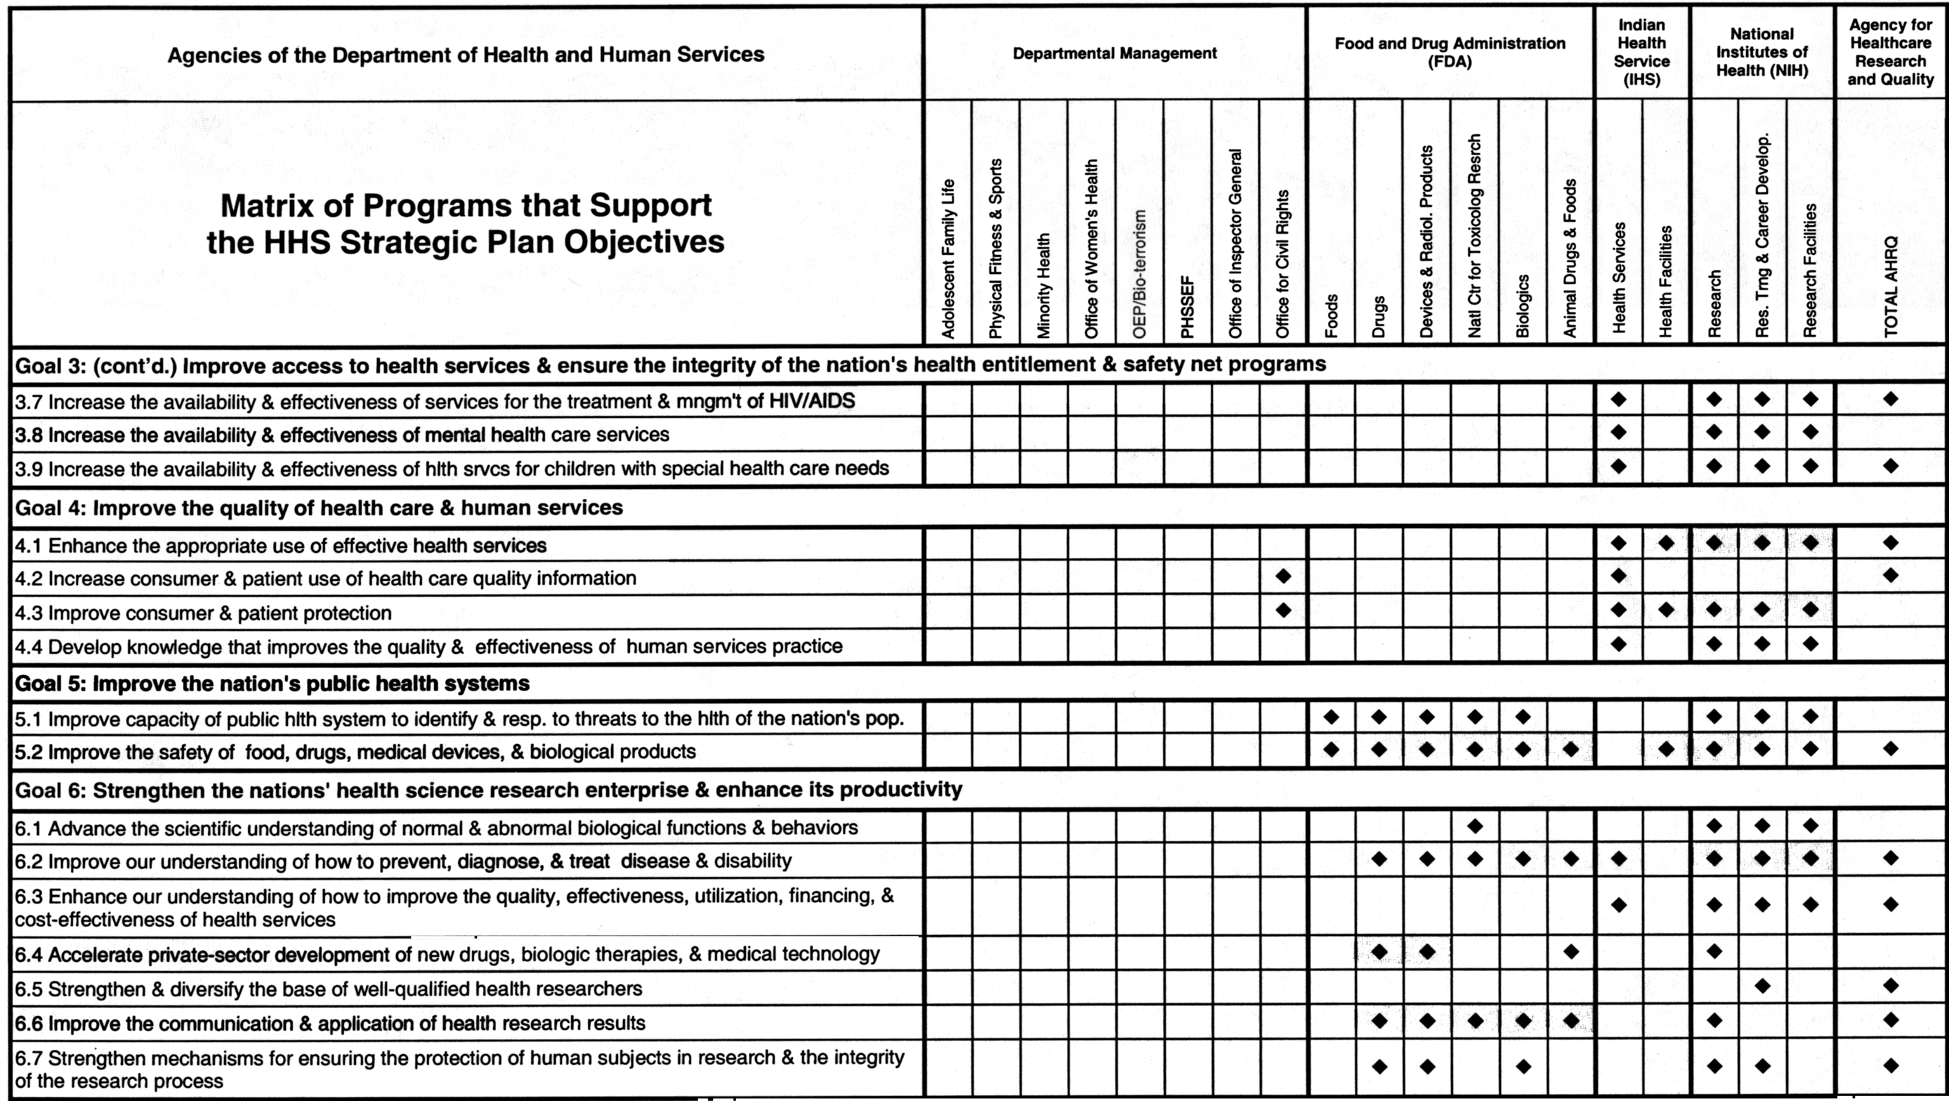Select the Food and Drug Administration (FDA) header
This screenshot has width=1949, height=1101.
(x=1450, y=52)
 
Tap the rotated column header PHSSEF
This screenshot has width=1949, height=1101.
(x=1188, y=306)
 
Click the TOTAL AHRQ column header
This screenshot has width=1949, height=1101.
(x=1891, y=286)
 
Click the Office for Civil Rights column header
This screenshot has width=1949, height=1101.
(x=1282, y=263)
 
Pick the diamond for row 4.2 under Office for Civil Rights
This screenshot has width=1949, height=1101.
(x=1283, y=577)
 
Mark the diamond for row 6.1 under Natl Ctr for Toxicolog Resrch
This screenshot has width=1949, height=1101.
(x=1474, y=826)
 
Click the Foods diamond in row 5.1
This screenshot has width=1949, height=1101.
(x=1331, y=716)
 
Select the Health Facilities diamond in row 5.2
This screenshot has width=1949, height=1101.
(x=1666, y=750)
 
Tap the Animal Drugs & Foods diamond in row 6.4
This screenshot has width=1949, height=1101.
(x=1571, y=951)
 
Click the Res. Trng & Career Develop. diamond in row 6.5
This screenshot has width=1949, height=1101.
(x=1762, y=986)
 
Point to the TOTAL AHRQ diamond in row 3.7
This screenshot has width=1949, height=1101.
(x=1891, y=398)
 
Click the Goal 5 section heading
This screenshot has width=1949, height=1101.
(x=272, y=684)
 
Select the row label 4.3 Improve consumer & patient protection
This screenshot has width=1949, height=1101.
(x=204, y=613)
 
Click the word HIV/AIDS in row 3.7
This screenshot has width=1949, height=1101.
(x=812, y=401)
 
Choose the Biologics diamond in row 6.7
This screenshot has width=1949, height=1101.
(x=1523, y=1066)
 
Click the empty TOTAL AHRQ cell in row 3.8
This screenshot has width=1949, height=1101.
(x=1891, y=433)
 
